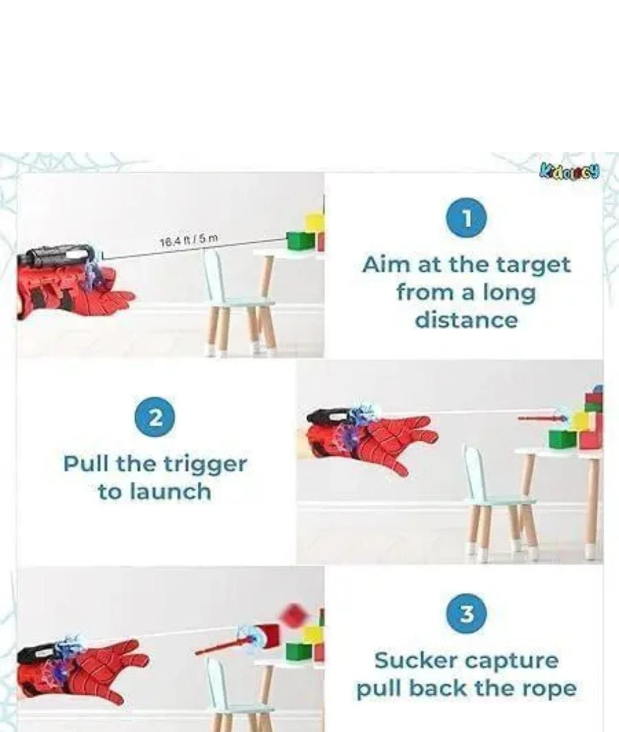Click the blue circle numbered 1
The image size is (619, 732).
click(x=467, y=218)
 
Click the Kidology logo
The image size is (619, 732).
click(x=569, y=171)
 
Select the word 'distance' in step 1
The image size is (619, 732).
click(x=466, y=319)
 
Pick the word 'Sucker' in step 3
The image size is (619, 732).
click(x=414, y=660)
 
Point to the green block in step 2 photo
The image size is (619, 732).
click(x=562, y=439)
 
